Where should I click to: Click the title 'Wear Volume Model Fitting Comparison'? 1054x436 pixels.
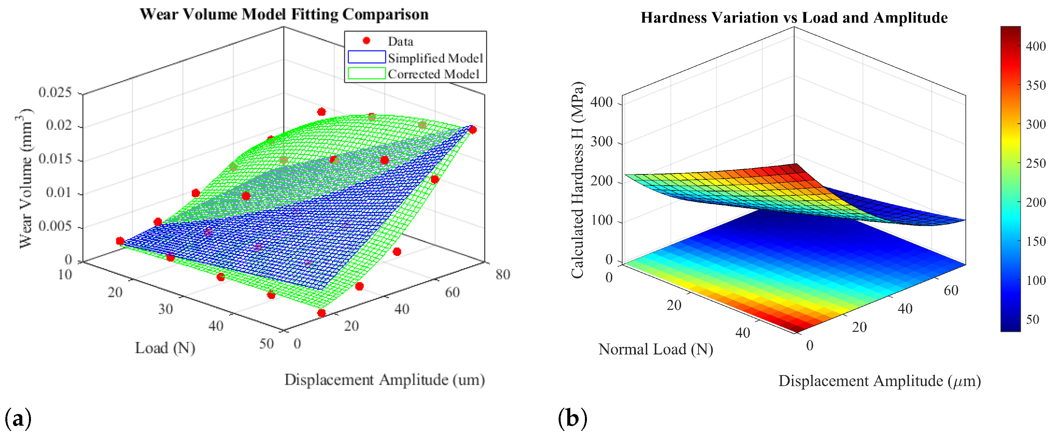[x=284, y=14]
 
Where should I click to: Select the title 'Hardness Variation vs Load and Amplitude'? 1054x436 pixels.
[x=794, y=18]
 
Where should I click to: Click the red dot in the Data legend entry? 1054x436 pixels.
[x=366, y=41]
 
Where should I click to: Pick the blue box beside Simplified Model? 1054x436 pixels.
[x=366, y=57]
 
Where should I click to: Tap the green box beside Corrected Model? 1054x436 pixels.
[x=366, y=74]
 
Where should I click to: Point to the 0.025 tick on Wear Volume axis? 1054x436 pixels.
[x=55, y=93]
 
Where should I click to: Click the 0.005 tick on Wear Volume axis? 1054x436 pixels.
[x=55, y=226]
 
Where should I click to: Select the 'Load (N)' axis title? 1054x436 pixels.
[x=165, y=348]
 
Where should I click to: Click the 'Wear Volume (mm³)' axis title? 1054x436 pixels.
[x=25, y=178]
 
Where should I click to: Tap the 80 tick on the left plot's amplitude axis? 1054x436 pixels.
[x=503, y=275]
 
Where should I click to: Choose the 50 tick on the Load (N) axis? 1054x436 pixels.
[x=266, y=344]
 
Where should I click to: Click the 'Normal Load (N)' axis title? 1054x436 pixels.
[x=656, y=349]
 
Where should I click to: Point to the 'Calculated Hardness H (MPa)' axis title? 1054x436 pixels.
[x=577, y=180]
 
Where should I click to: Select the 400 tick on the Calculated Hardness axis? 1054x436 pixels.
[x=601, y=102]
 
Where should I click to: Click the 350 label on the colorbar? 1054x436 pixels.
[x=1036, y=86]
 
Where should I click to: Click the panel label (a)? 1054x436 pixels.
[x=18, y=419]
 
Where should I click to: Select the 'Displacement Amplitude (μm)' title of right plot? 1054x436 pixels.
[x=879, y=381]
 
